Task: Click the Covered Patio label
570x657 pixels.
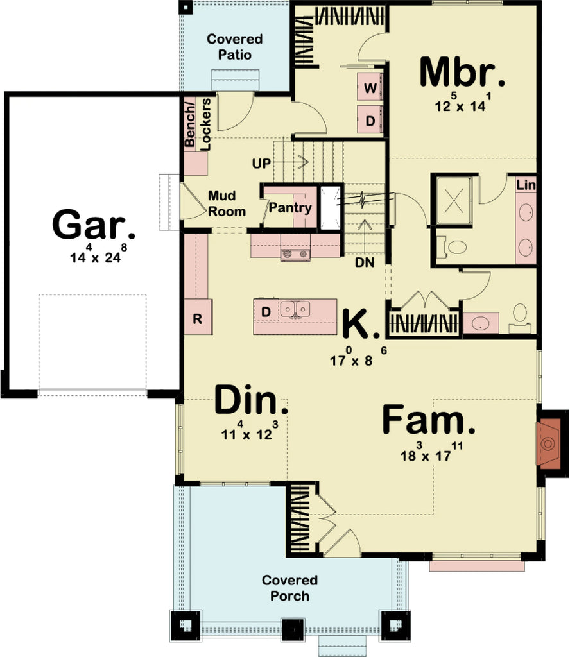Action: point(229,47)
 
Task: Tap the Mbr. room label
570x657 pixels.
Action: point(462,73)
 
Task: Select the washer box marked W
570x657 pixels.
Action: point(370,88)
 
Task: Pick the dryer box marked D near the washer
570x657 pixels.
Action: point(370,120)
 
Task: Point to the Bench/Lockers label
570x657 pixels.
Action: point(197,124)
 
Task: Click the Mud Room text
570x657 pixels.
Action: point(226,203)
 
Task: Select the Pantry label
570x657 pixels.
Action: point(290,208)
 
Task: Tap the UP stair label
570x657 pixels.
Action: point(261,163)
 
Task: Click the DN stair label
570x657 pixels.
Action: point(365,262)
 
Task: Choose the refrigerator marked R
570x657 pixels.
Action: point(198,319)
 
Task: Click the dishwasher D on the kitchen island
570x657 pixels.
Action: point(265,312)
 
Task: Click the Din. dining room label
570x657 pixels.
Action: point(251,402)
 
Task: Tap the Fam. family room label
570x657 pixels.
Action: point(429,422)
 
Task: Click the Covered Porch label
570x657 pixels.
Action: point(289,588)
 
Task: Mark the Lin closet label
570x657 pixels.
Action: point(526,185)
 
